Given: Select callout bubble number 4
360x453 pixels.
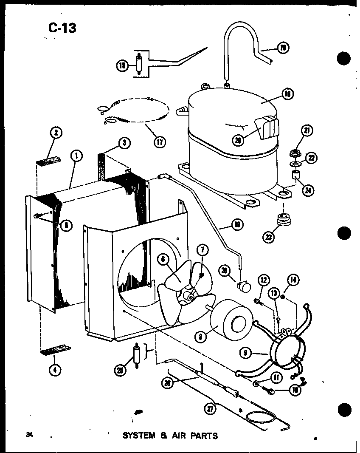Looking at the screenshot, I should tap(54, 369).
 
